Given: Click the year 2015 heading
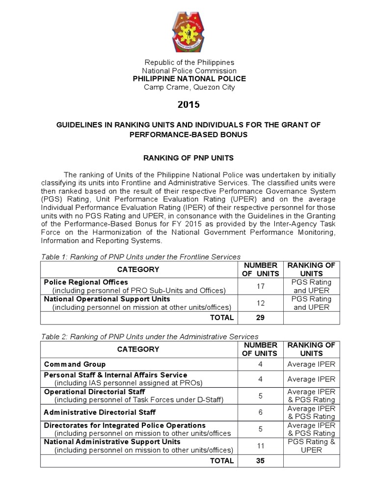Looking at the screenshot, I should click(189, 104).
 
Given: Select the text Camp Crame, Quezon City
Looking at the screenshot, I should click(189, 87).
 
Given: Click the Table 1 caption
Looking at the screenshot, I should click(140, 256).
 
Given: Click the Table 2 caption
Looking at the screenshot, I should click(149, 336).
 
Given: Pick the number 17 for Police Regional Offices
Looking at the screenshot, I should click(261, 286).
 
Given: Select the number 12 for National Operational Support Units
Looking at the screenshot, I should click(261, 303).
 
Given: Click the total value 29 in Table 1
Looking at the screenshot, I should click(261, 318).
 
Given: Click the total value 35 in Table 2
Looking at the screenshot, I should click(261, 461).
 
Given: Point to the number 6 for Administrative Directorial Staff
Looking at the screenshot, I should click(261, 413).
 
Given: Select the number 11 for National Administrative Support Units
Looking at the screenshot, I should click(261, 446).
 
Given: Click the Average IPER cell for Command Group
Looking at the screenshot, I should click(311, 364).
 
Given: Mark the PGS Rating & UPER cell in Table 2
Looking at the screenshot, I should click(311, 446).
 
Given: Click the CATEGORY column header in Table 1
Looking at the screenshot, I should click(138, 269).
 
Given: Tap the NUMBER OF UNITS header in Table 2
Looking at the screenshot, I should click(261, 349).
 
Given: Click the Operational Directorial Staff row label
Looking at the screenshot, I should click(94, 392).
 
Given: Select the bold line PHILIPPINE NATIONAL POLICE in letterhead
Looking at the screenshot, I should click(189, 79).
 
